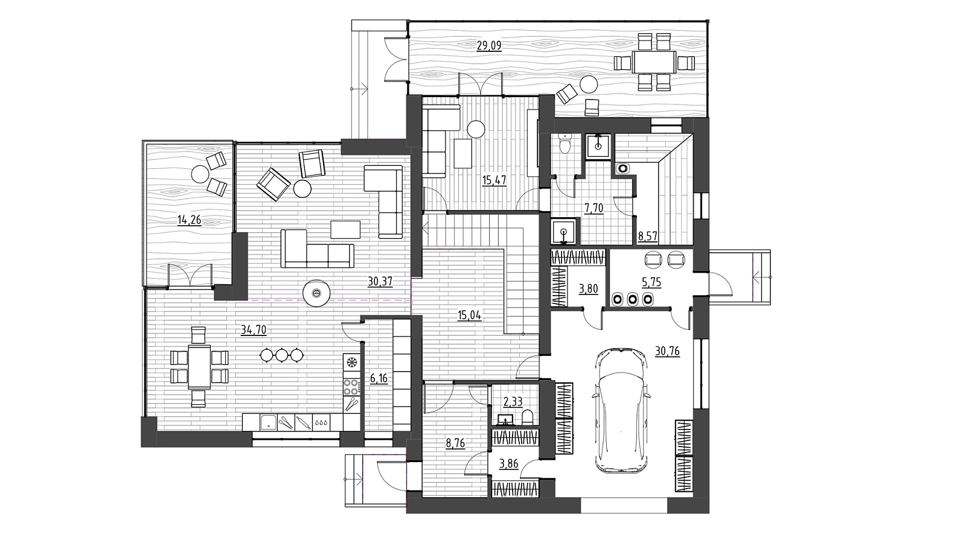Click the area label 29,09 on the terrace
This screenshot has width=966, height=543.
click(x=489, y=46)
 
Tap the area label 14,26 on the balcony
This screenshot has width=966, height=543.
click(x=190, y=220)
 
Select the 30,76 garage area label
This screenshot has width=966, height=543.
click(x=667, y=351)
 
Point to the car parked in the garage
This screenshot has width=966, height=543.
click(x=621, y=411)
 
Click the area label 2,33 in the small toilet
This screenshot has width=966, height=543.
click(x=513, y=402)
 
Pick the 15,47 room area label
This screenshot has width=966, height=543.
click(x=494, y=180)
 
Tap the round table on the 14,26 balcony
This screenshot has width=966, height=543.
click(x=200, y=174)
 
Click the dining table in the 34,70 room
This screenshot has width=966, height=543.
click(x=199, y=367)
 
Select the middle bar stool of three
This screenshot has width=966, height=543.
click(x=282, y=355)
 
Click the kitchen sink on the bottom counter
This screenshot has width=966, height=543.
click(x=268, y=422)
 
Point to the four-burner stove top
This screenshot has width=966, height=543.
click(x=351, y=387)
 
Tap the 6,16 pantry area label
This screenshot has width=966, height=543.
click(x=379, y=379)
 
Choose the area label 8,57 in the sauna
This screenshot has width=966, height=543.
click(x=648, y=236)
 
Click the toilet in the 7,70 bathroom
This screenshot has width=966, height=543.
click(x=564, y=144)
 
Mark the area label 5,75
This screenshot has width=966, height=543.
click(x=651, y=282)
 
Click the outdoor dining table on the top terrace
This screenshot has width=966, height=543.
click(x=654, y=62)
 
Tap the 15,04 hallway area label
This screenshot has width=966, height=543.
click(x=469, y=316)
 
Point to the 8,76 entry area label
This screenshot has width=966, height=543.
click(x=456, y=443)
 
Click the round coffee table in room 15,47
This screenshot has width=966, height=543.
click(x=476, y=129)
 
